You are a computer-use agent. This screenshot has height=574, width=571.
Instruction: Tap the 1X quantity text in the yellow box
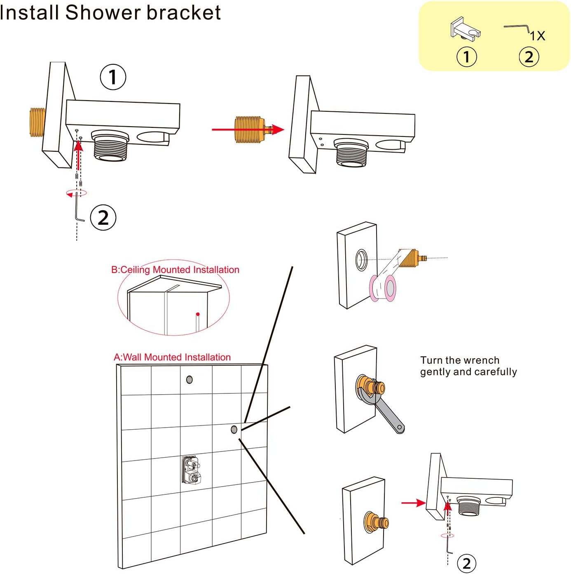click(x=537, y=36)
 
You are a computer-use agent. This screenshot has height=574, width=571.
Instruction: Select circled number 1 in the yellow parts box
click(x=467, y=57)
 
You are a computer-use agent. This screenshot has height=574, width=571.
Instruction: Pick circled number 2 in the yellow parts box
click(x=529, y=57)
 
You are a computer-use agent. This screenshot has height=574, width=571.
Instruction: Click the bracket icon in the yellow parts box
click(x=466, y=28)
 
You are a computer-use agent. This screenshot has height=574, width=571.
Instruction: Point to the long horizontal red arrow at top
click(x=247, y=129)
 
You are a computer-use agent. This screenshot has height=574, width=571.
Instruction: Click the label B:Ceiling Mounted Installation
click(x=175, y=270)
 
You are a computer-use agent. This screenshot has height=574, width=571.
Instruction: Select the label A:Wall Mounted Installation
click(x=172, y=357)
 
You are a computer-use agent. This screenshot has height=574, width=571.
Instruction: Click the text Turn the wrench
click(x=460, y=360)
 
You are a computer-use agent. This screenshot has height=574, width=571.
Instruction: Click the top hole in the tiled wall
click(x=190, y=379)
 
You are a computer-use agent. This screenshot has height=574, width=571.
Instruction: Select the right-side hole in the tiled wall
click(x=234, y=429)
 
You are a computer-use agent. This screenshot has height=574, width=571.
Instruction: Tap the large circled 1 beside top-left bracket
click(x=113, y=77)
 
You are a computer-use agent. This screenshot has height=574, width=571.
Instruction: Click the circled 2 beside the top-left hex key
click(x=103, y=217)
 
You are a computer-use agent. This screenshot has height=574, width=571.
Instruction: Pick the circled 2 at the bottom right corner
click(x=466, y=563)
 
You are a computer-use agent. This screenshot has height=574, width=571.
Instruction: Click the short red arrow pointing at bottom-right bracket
click(x=413, y=503)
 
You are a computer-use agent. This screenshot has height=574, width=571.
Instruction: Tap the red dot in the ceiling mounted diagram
click(x=198, y=314)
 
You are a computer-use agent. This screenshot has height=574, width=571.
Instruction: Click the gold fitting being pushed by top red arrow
click(x=249, y=129)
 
